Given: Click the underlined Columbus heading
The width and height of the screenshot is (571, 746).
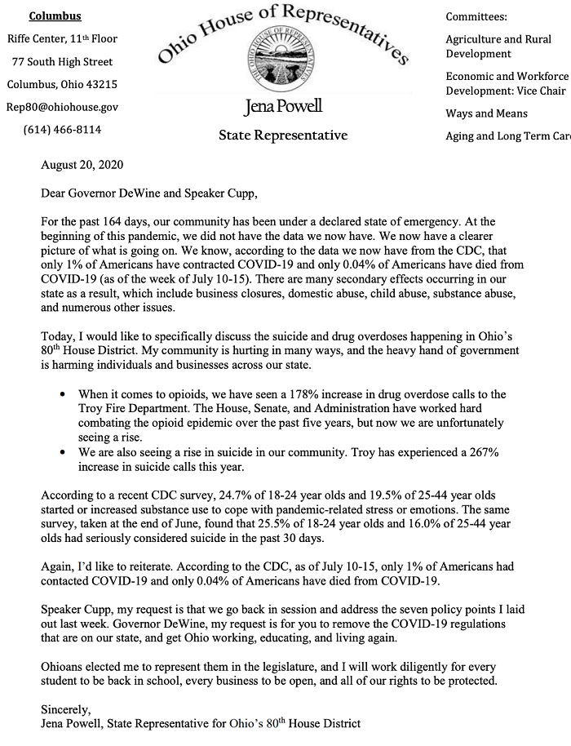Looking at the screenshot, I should [55, 16].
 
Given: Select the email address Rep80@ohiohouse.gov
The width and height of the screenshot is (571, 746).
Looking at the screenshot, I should [63, 106].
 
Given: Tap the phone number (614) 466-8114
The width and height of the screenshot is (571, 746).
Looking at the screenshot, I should [62, 129].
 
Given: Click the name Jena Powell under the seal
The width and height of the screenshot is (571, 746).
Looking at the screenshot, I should [283, 106].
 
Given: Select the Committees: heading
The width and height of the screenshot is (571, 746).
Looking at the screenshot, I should [476, 16].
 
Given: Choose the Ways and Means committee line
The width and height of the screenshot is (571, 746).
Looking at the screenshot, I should [486, 113].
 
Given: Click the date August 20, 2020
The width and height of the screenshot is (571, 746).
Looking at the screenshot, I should [82, 165].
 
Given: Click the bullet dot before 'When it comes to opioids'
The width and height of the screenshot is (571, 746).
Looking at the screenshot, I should [64, 394].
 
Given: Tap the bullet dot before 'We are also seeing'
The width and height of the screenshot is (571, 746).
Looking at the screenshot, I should [64, 453].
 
